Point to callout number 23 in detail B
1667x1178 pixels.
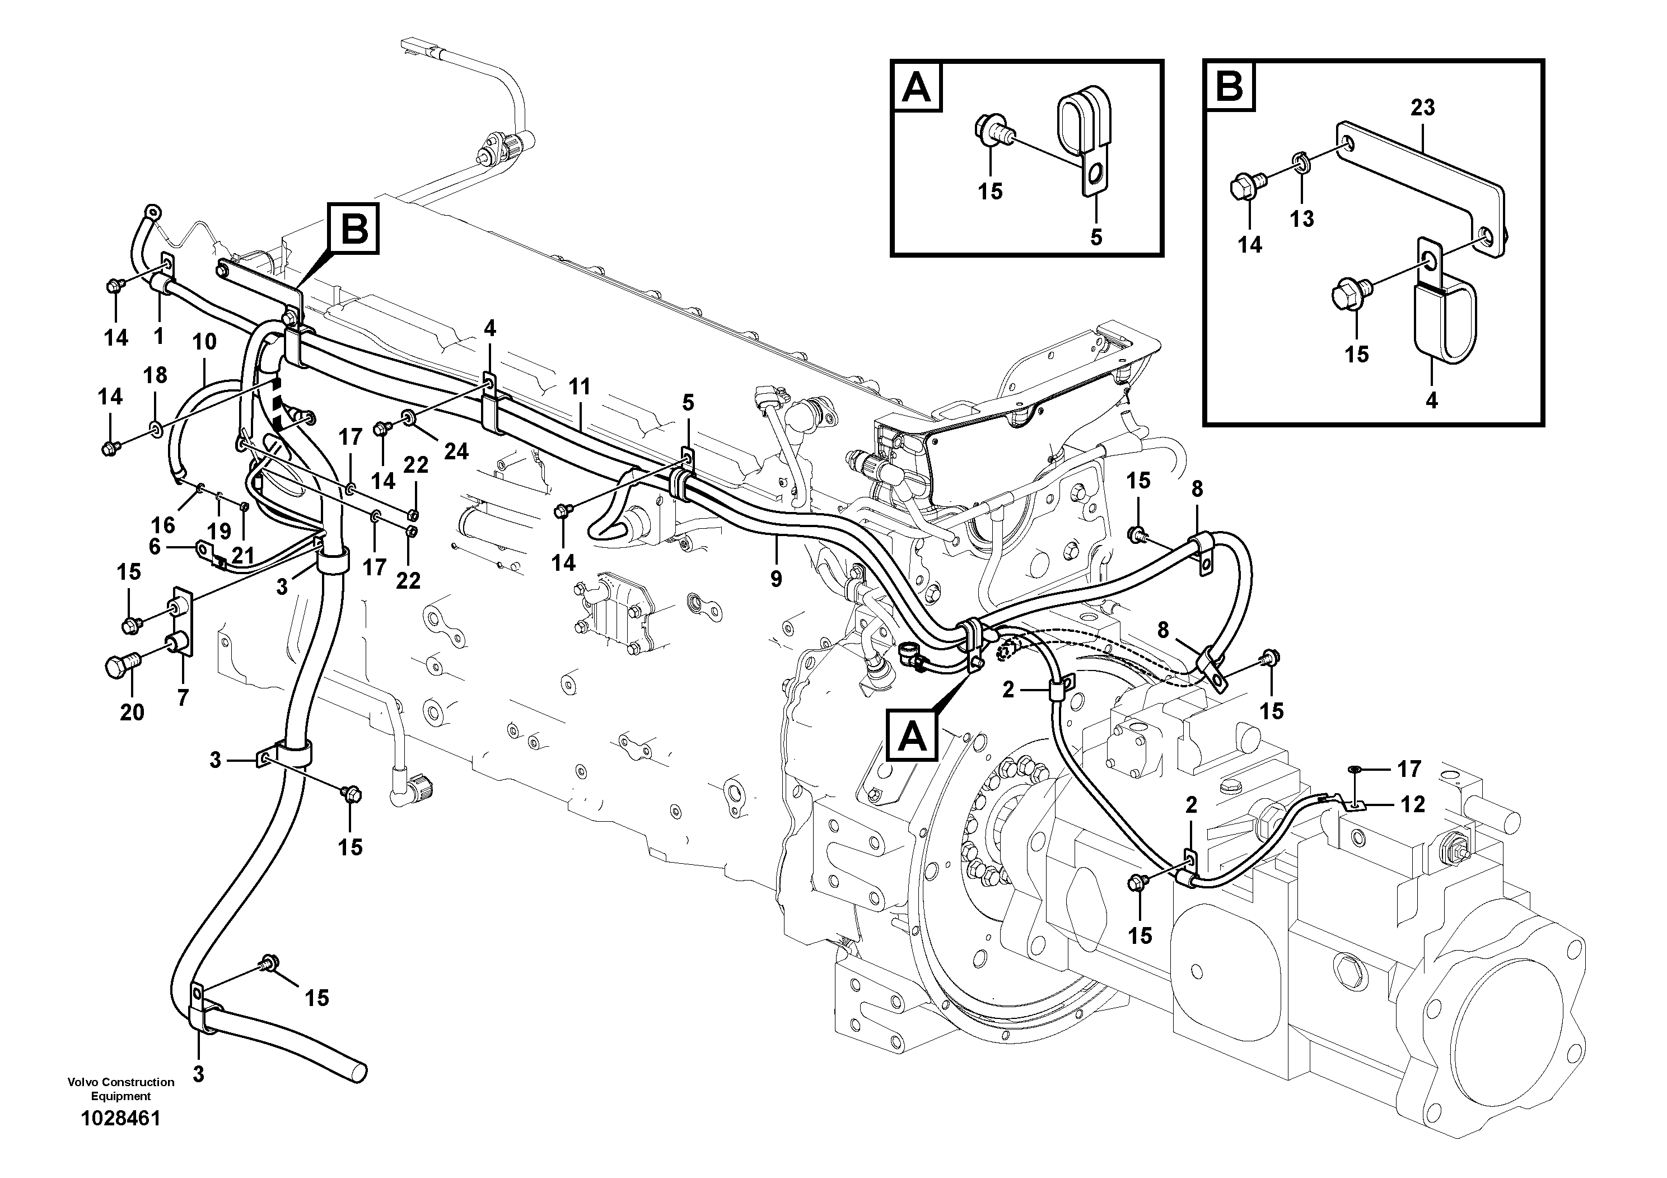click(x=1422, y=108)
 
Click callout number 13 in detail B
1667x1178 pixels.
click(x=1302, y=218)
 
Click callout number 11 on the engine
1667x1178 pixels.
click(x=580, y=387)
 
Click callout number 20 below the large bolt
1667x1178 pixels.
click(x=132, y=713)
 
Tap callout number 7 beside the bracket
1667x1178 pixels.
click(x=182, y=698)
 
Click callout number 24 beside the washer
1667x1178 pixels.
click(x=456, y=451)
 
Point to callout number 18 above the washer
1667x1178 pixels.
click(x=155, y=375)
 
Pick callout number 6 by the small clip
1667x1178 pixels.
click(x=154, y=547)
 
